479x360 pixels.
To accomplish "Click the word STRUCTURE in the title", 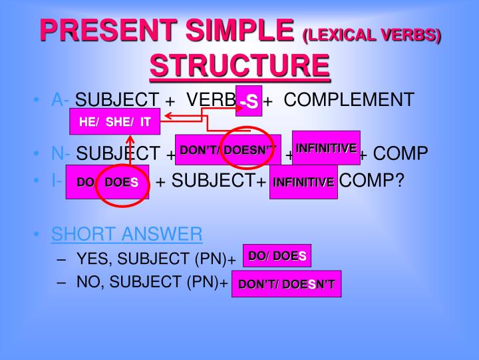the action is coord(239,65).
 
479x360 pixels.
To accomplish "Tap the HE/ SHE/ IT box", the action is coord(115,121).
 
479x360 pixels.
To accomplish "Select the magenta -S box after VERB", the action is coord(249,101).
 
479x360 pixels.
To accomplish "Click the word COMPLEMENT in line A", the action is coord(349,99).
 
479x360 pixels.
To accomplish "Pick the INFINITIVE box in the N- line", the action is coord(326,148).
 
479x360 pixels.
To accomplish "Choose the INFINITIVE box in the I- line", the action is coord(303,182).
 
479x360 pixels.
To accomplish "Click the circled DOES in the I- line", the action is coord(121,183).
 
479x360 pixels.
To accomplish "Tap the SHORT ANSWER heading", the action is coord(127,234).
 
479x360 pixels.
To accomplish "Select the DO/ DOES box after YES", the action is coord(277,255).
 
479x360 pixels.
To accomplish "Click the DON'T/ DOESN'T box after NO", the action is coord(287,284).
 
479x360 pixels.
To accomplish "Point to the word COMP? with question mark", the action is coord(372,180).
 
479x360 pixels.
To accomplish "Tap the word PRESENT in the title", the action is coord(108,30).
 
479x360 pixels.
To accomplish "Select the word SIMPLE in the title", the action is coord(239,30).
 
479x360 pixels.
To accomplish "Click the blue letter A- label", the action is coord(60,100).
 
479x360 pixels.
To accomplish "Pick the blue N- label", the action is coord(60,153).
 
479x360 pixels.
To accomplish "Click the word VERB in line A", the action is coord(211,100).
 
